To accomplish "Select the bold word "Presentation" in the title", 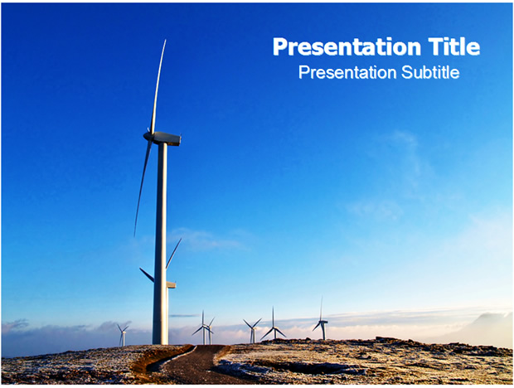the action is click(347, 48).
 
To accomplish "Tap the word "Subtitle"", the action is click(429, 72).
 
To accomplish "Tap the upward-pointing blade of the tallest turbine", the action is click(158, 86).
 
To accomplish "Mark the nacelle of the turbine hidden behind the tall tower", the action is click(172, 284).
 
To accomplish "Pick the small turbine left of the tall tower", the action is click(123, 335).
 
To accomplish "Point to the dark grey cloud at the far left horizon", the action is click(16, 324).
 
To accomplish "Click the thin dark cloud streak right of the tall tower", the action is click(183, 316).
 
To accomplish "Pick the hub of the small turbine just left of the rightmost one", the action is click(273, 327).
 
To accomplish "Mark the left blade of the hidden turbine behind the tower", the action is click(147, 275).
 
